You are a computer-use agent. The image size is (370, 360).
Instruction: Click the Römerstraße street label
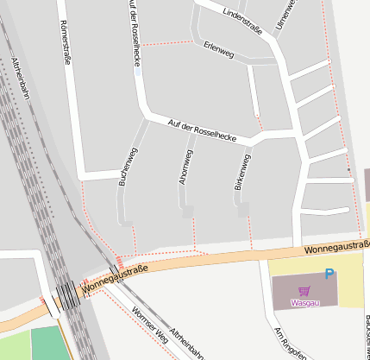coord(66,42)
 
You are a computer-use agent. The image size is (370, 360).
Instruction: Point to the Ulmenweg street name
coord(285,16)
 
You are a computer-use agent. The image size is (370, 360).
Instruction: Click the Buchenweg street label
coord(128,167)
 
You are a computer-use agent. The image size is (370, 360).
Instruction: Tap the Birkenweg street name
coord(242,174)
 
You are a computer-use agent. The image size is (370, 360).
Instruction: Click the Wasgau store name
coord(304,303)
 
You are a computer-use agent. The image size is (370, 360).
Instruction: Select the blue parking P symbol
coord(329,275)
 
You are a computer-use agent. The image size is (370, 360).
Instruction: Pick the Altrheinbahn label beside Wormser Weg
coord(187,343)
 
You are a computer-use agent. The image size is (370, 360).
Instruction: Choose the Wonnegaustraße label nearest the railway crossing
coord(116,279)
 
